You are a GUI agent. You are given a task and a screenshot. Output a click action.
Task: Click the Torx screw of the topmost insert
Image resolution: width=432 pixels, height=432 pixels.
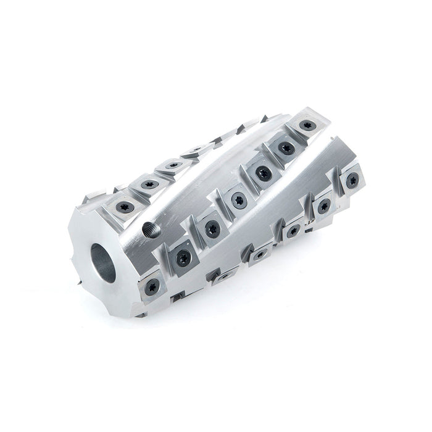(x=305, y=126)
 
